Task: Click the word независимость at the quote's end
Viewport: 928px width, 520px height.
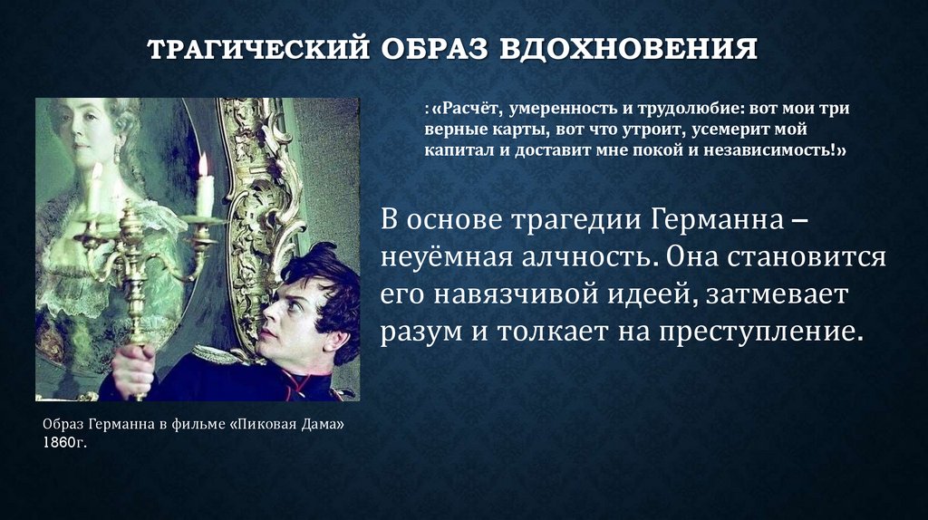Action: pyautogui.click(x=777, y=150)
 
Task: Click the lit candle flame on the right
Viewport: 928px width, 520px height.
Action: pyautogui.click(x=203, y=165)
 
